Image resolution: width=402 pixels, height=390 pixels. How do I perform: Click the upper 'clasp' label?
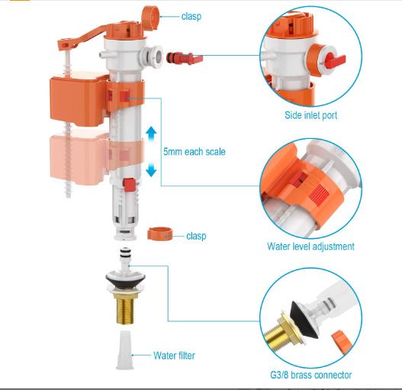[191, 17]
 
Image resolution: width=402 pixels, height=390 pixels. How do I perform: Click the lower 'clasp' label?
[196, 236]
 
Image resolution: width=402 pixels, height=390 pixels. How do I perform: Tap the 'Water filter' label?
[174, 356]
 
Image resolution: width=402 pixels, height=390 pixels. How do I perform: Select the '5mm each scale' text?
[195, 152]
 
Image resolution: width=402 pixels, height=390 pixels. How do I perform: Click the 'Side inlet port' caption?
[310, 115]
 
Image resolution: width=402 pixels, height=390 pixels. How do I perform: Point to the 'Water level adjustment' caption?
[310, 247]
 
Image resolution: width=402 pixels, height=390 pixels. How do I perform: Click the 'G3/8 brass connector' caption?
[310, 375]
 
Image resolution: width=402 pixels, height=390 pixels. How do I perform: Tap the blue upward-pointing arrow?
[151, 133]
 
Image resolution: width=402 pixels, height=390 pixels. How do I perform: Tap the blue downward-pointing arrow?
[151, 170]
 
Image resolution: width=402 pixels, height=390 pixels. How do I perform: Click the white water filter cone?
[125, 350]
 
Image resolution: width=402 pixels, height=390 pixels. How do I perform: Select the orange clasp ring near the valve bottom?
[159, 234]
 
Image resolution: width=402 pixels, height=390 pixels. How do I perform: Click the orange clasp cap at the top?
[150, 15]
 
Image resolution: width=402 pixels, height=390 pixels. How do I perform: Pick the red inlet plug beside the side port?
[185, 58]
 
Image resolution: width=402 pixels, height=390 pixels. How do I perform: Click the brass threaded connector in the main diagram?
[125, 308]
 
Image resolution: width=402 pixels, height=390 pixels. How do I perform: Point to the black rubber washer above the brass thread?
[125, 279]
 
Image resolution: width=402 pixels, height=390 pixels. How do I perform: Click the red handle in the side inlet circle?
[336, 61]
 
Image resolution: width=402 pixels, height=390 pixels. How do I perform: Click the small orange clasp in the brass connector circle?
[342, 340]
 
